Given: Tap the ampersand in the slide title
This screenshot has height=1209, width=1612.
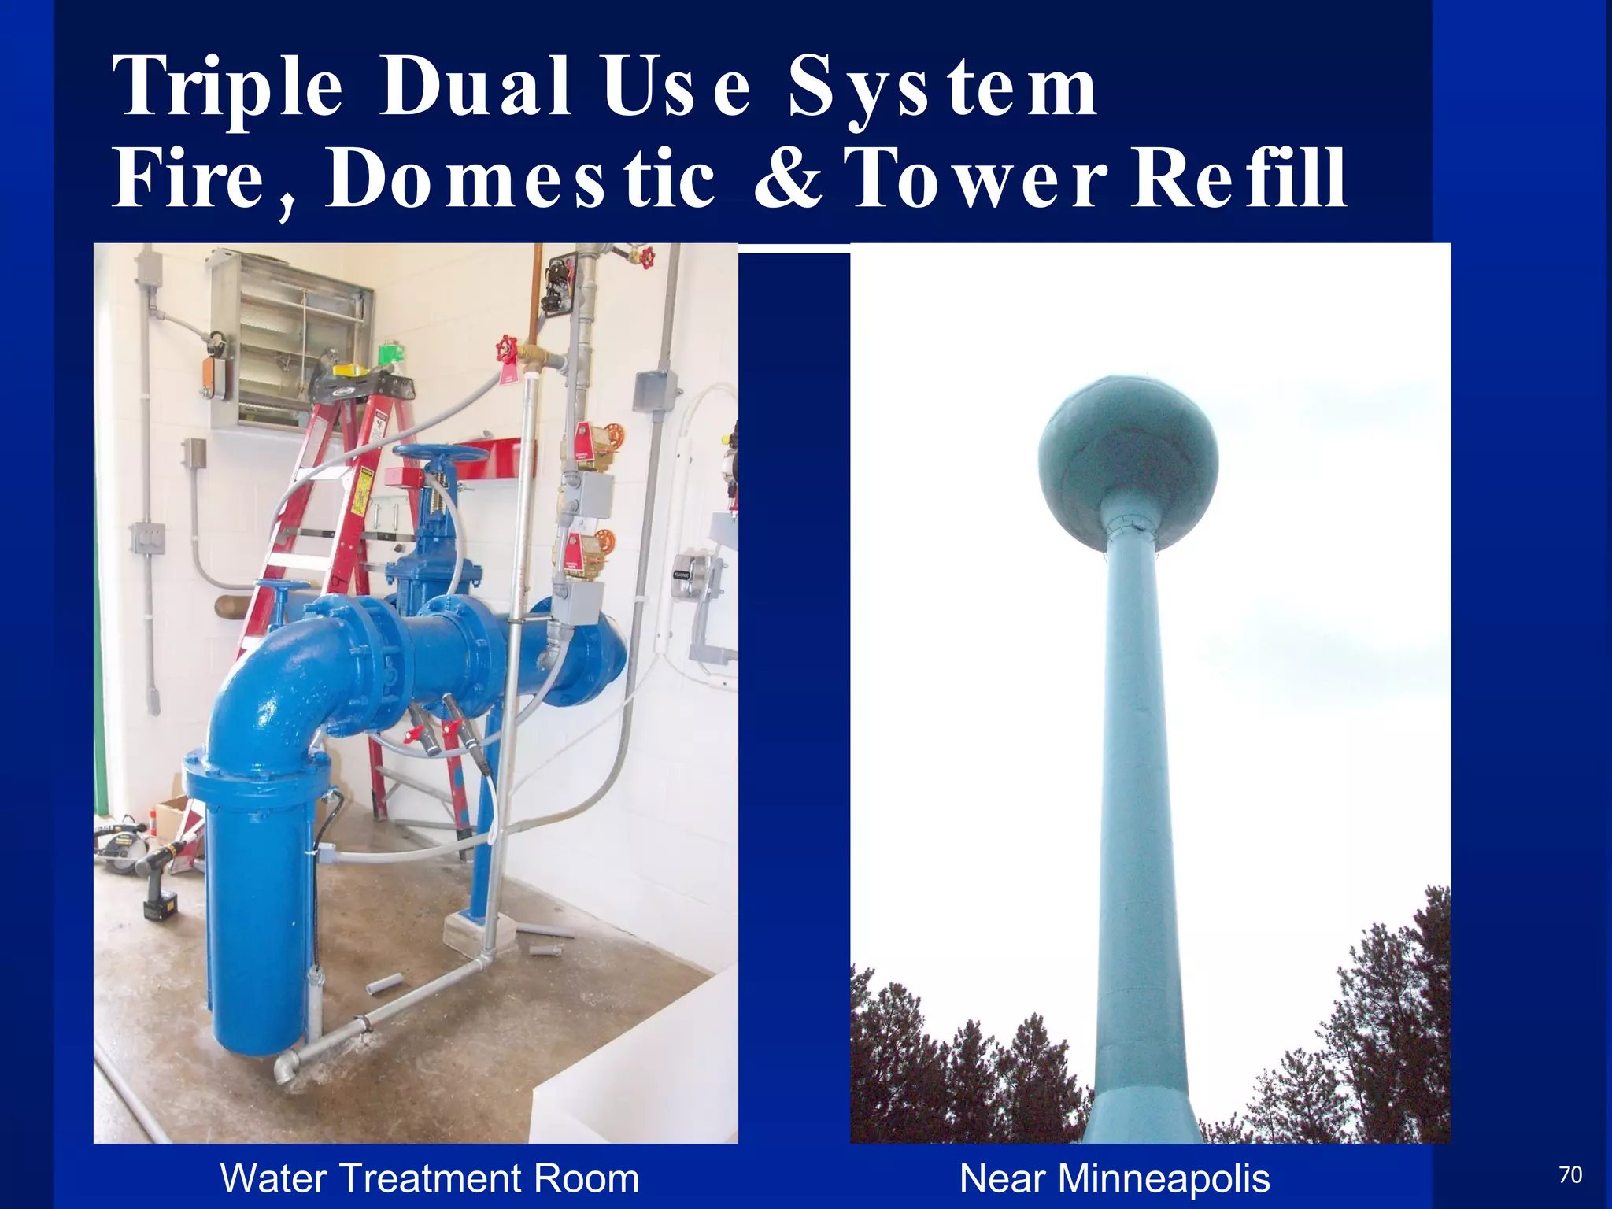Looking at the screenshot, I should [788, 179].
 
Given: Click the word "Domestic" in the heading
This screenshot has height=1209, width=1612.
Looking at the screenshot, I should [519, 179].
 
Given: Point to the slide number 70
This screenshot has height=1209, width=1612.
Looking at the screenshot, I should [1569, 1175].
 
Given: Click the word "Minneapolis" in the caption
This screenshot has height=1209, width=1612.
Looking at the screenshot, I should [1163, 1179].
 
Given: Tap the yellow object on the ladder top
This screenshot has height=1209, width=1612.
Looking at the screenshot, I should [352, 370].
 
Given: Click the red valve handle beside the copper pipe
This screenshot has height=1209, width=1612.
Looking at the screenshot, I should [507, 350].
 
